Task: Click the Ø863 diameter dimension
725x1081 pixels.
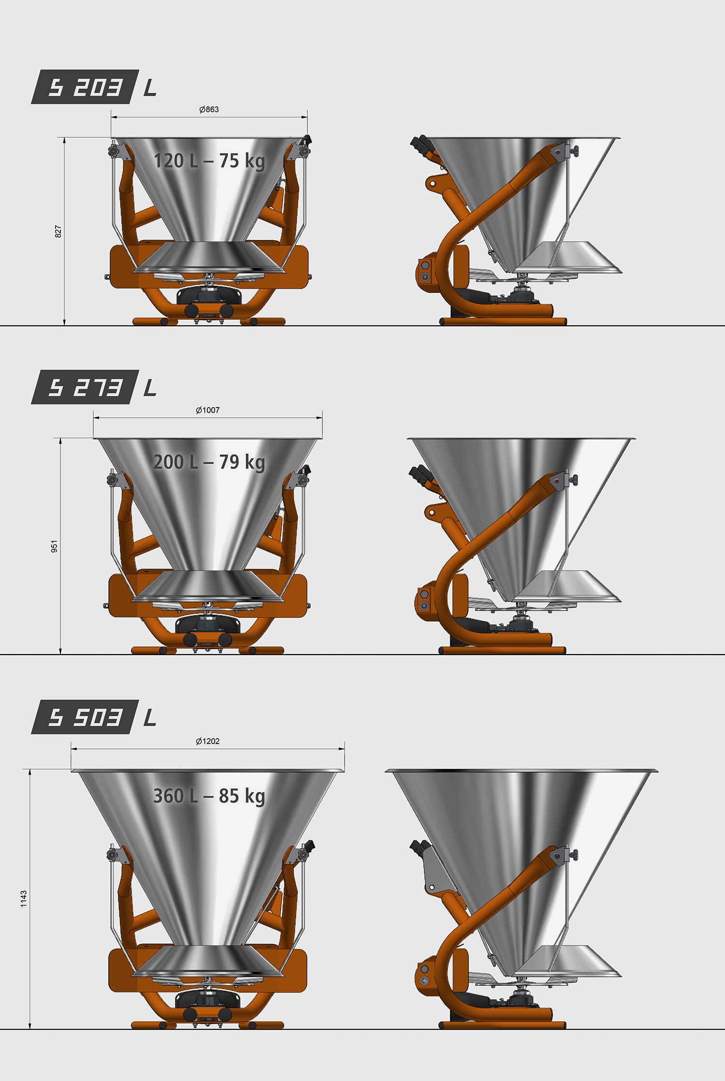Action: (x=209, y=109)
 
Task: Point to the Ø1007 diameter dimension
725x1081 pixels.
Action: (x=208, y=410)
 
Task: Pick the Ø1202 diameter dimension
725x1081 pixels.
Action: (x=208, y=741)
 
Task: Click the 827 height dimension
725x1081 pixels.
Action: (x=58, y=231)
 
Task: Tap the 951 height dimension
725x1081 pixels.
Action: (x=55, y=546)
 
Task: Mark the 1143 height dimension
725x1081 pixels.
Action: (x=24, y=899)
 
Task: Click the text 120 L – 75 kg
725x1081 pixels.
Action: (x=209, y=161)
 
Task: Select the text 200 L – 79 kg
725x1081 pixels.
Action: (x=209, y=462)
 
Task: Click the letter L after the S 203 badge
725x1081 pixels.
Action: (x=150, y=88)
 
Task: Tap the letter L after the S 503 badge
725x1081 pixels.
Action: (x=150, y=718)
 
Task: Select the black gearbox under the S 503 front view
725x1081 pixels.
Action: (x=209, y=998)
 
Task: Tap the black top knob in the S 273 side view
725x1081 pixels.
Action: (x=419, y=474)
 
